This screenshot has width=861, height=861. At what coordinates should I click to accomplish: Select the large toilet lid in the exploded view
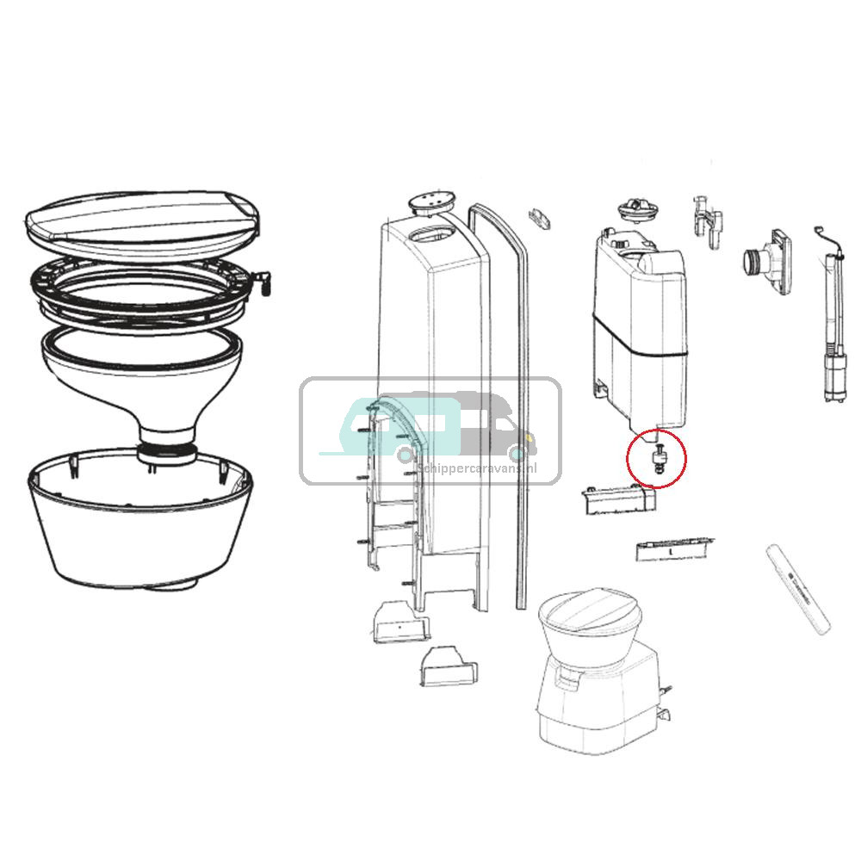(x=142, y=218)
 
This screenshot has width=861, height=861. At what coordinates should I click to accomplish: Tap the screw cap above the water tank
(x=638, y=211)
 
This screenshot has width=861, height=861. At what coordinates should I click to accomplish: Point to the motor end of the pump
(x=832, y=379)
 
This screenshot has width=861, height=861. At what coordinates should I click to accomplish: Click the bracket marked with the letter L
(x=674, y=548)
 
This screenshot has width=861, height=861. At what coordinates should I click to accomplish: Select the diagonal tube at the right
(x=798, y=590)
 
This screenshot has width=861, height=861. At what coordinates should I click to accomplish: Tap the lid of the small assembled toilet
(x=591, y=614)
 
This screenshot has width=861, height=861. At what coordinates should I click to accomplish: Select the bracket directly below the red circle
(x=617, y=500)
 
